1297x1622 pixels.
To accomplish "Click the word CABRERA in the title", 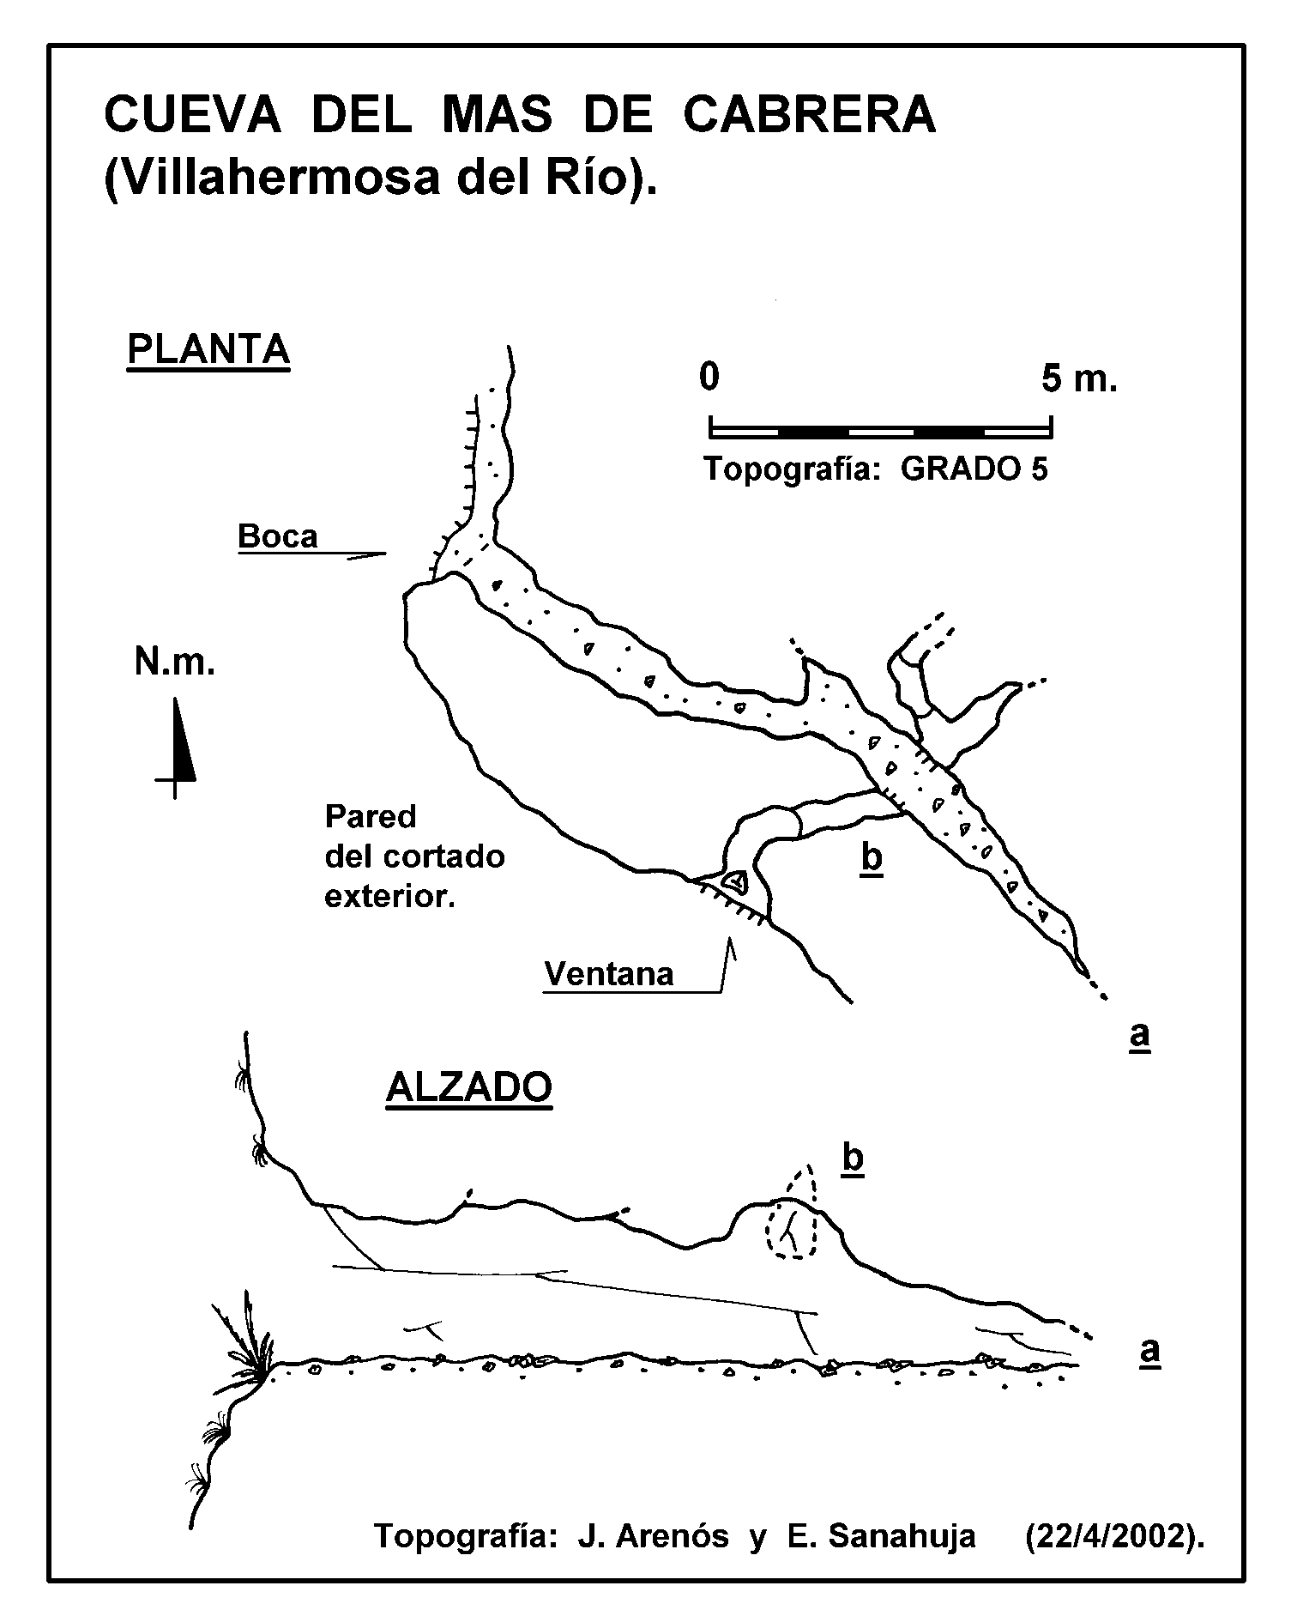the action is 809,115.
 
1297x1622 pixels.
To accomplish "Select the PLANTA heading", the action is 208,349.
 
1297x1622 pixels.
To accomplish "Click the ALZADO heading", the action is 469,1088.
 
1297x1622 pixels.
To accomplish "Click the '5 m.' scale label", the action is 1080,378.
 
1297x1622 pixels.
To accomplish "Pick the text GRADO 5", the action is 974,469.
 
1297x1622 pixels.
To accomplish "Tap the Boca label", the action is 278,536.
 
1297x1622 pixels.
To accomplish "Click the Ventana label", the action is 609,974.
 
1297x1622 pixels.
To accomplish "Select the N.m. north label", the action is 174,663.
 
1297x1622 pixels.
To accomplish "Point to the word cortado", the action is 443,856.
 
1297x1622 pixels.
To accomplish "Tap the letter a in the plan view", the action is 1139,1035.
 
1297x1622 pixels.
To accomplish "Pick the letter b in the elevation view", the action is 853,1158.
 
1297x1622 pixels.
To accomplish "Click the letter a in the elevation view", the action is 1149,1350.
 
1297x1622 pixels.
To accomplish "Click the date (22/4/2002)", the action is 1115,1537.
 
